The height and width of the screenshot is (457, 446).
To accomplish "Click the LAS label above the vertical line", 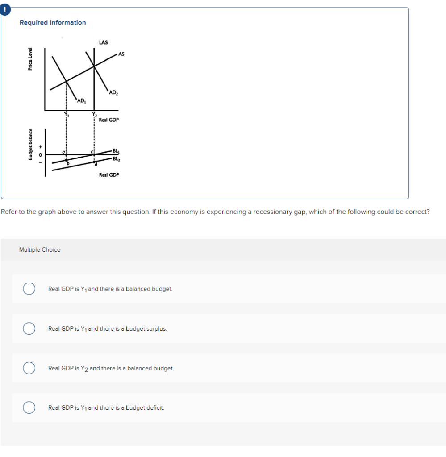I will click(x=103, y=42).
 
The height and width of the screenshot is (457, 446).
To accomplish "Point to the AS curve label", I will click(x=121, y=54).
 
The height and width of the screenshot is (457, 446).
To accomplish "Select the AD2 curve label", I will click(x=113, y=92).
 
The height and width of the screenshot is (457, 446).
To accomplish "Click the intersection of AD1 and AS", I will click(x=67, y=81).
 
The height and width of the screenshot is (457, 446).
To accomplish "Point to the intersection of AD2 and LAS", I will click(x=94, y=66).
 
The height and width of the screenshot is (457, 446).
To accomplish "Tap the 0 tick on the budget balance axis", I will click(x=41, y=154).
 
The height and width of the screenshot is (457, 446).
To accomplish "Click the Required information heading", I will click(x=53, y=22).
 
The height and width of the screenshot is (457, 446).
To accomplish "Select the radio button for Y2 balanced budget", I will click(x=29, y=368).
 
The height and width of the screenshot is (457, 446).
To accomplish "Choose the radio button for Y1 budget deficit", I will click(x=29, y=407).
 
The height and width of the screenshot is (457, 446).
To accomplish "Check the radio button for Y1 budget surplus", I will click(x=29, y=328).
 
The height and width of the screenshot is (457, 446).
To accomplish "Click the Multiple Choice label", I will click(x=40, y=250).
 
